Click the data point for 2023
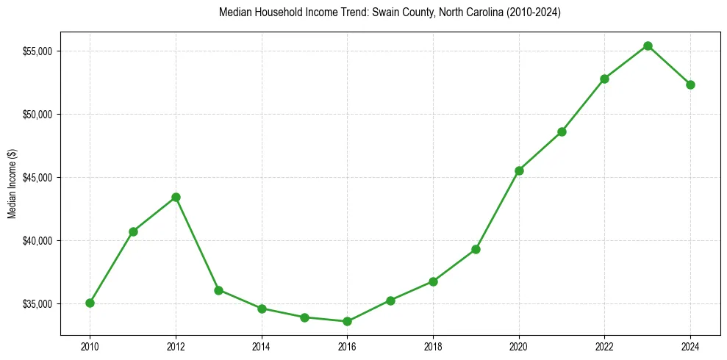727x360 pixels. pos(648,46)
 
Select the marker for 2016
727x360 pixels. pos(347,321)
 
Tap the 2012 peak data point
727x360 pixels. pos(176,197)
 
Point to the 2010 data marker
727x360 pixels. pos(90,303)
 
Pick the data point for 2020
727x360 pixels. pos(519,170)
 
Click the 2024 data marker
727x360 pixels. pos(690,84)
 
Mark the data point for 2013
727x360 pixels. pos(218,290)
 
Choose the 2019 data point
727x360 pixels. pos(476,249)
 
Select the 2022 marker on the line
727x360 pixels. pos(604,79)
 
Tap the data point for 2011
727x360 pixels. pos(133,231)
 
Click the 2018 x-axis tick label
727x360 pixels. pos(433,346)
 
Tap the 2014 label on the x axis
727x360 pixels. pos(261,346)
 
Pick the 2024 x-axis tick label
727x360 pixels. pos(690,346)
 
